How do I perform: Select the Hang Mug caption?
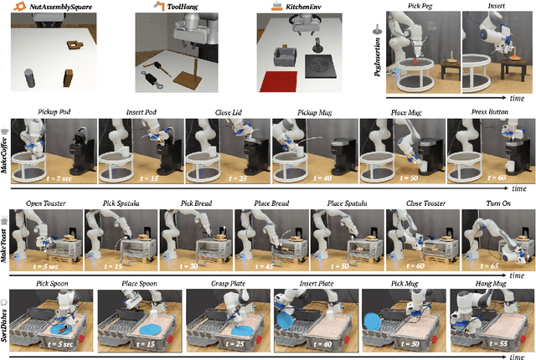pyautogui.click(x=488, y=284)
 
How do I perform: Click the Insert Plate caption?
pyautogui.click(x=314, y=284)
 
